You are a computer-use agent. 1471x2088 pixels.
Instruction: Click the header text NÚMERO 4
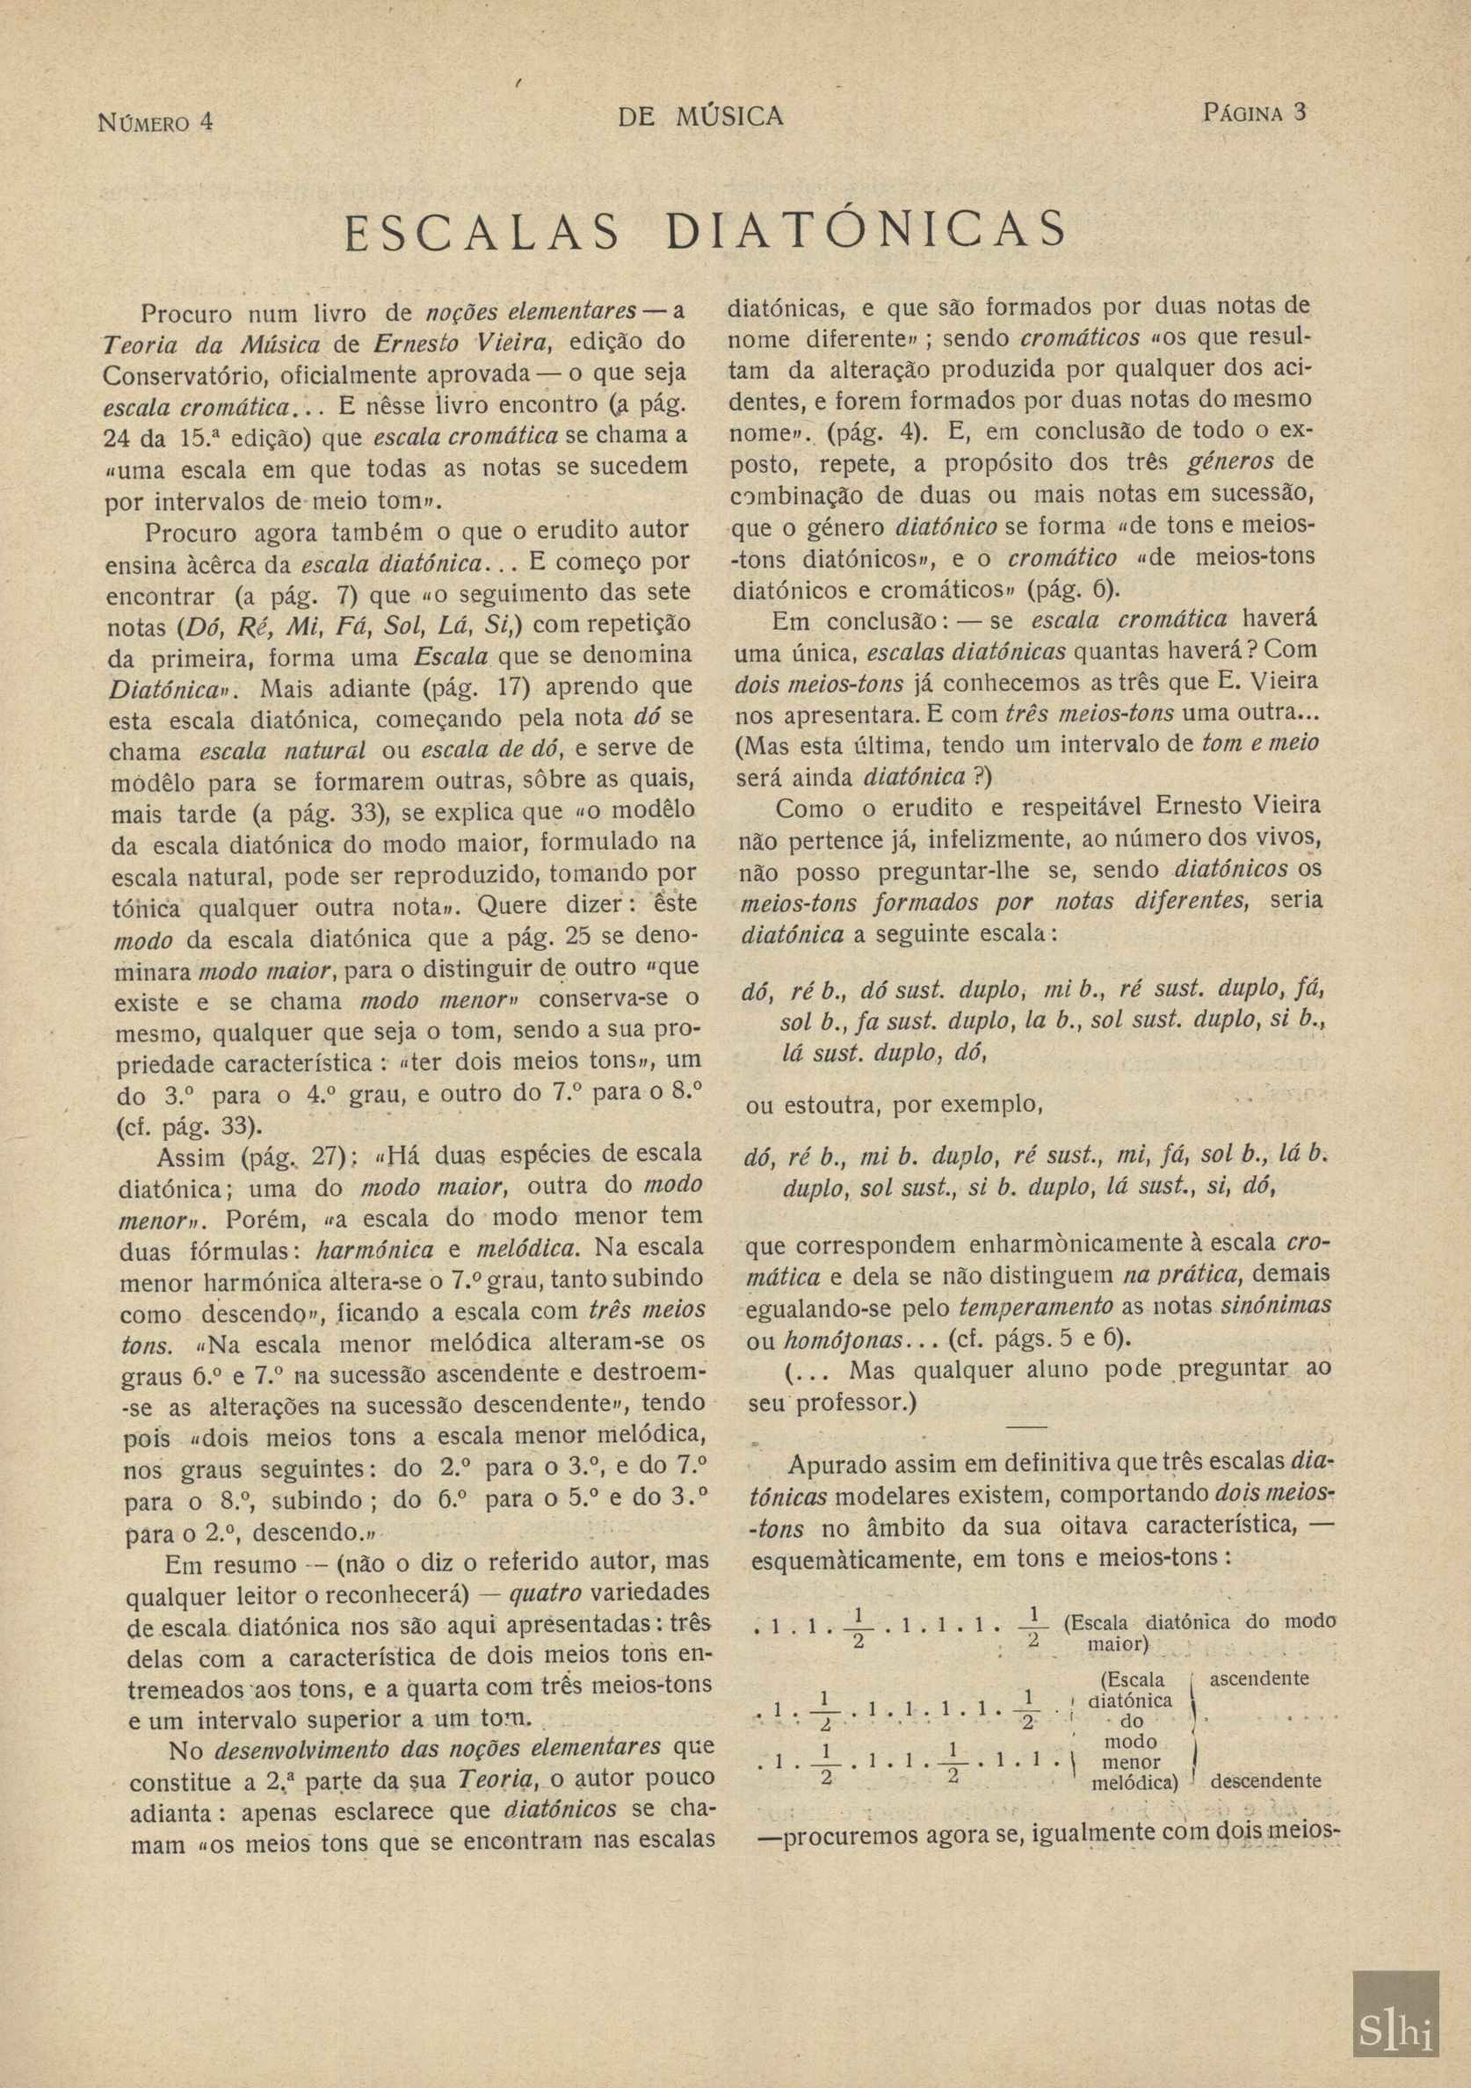155,120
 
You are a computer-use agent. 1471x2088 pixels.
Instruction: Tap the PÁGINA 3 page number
1254,112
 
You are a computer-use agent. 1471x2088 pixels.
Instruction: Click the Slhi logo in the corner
1395,2001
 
